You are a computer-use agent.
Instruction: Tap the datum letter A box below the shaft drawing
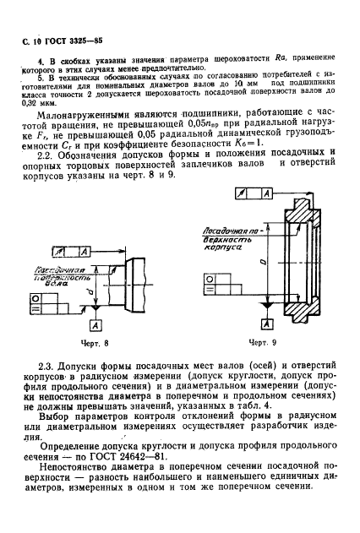[95, 325]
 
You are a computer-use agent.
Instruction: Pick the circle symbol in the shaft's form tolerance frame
[36, 298]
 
